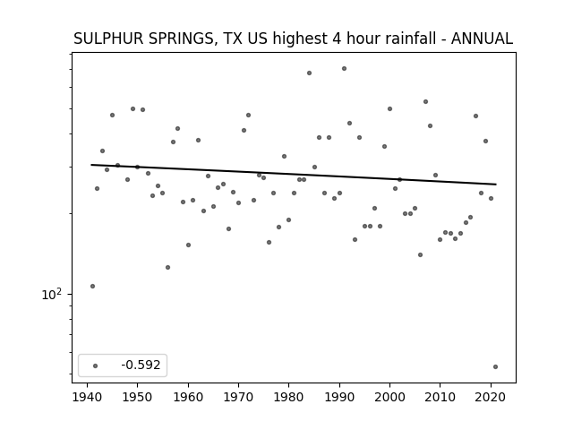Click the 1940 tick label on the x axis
[87, 397]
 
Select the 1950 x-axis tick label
[137, 397]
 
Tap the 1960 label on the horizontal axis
[188, 397]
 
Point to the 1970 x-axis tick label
[238, 397]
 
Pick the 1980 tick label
[288, 397]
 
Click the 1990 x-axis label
[339, 397]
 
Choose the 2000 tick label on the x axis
[389, 397]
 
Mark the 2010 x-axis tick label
[440, 397]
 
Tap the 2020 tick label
[491, 397]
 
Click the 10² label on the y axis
[52, 294]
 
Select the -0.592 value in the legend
[141, 365]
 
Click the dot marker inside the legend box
[96, 365]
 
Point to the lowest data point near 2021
[495, 366]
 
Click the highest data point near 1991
[344, 68]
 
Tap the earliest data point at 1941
[92, 286]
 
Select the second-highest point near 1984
[309, 73]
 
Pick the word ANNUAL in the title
[482, 39]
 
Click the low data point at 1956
[167, 267]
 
